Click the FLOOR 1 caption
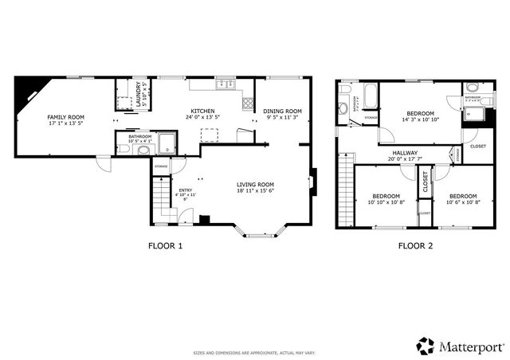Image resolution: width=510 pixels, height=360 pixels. point(165,246)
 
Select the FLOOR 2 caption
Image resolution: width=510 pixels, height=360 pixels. point(415,246)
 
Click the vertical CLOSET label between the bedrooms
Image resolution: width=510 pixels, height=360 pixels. point(425,182)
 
